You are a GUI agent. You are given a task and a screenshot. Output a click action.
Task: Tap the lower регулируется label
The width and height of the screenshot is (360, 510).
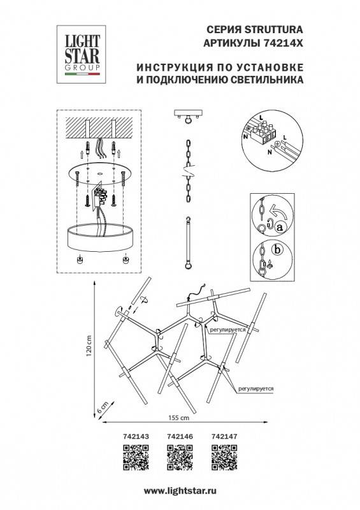(256, 386)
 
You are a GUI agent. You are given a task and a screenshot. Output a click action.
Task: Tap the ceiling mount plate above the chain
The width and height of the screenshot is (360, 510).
(189, 115)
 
